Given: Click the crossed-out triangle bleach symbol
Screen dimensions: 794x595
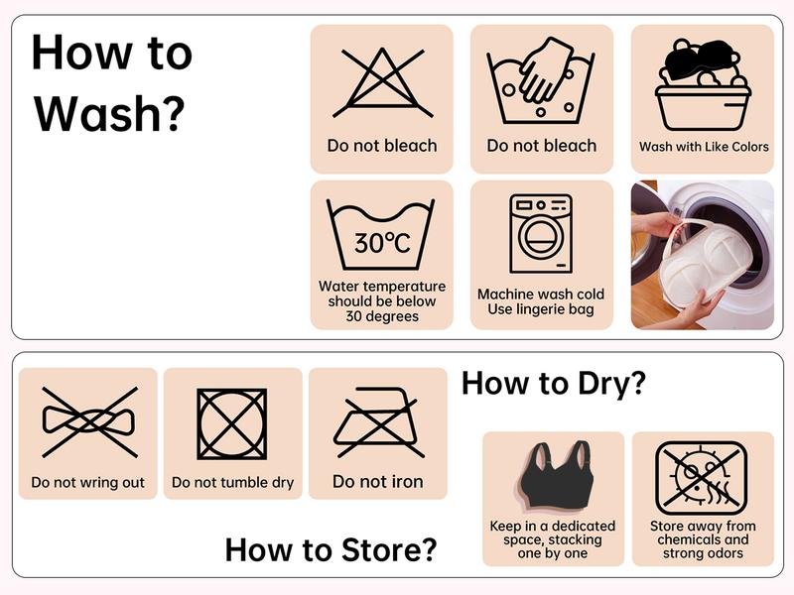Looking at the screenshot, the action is [382, 82].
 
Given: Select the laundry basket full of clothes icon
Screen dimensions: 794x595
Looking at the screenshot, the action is [703, 85].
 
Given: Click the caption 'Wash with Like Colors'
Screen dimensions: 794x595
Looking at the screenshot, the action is [704, 147].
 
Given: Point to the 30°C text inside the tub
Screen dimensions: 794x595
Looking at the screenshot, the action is [382, 243].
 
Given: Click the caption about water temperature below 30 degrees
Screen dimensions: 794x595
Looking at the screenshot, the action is [382, 301].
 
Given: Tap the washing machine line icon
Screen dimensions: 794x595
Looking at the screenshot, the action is [541, 234].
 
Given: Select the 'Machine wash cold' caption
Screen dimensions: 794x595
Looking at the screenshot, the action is [541, 294].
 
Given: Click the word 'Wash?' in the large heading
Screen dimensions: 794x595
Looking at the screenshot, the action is [109, 114].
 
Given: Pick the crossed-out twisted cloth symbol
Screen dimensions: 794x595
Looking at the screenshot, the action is [89, 422].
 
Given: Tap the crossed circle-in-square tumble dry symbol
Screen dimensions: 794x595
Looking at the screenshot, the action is [232, 424].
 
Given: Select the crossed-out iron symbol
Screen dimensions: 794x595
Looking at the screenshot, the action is [378, 422].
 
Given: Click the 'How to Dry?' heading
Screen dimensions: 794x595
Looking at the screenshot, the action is [554, 383].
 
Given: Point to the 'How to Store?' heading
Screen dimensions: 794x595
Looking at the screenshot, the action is [331, 549].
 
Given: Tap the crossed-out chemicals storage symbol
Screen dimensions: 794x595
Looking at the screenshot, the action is [702, 478].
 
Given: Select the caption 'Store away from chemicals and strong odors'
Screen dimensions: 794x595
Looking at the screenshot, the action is [703, 539].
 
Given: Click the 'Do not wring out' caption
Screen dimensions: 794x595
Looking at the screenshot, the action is [88, 482].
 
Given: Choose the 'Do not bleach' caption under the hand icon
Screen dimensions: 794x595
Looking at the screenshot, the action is [542, 146].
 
